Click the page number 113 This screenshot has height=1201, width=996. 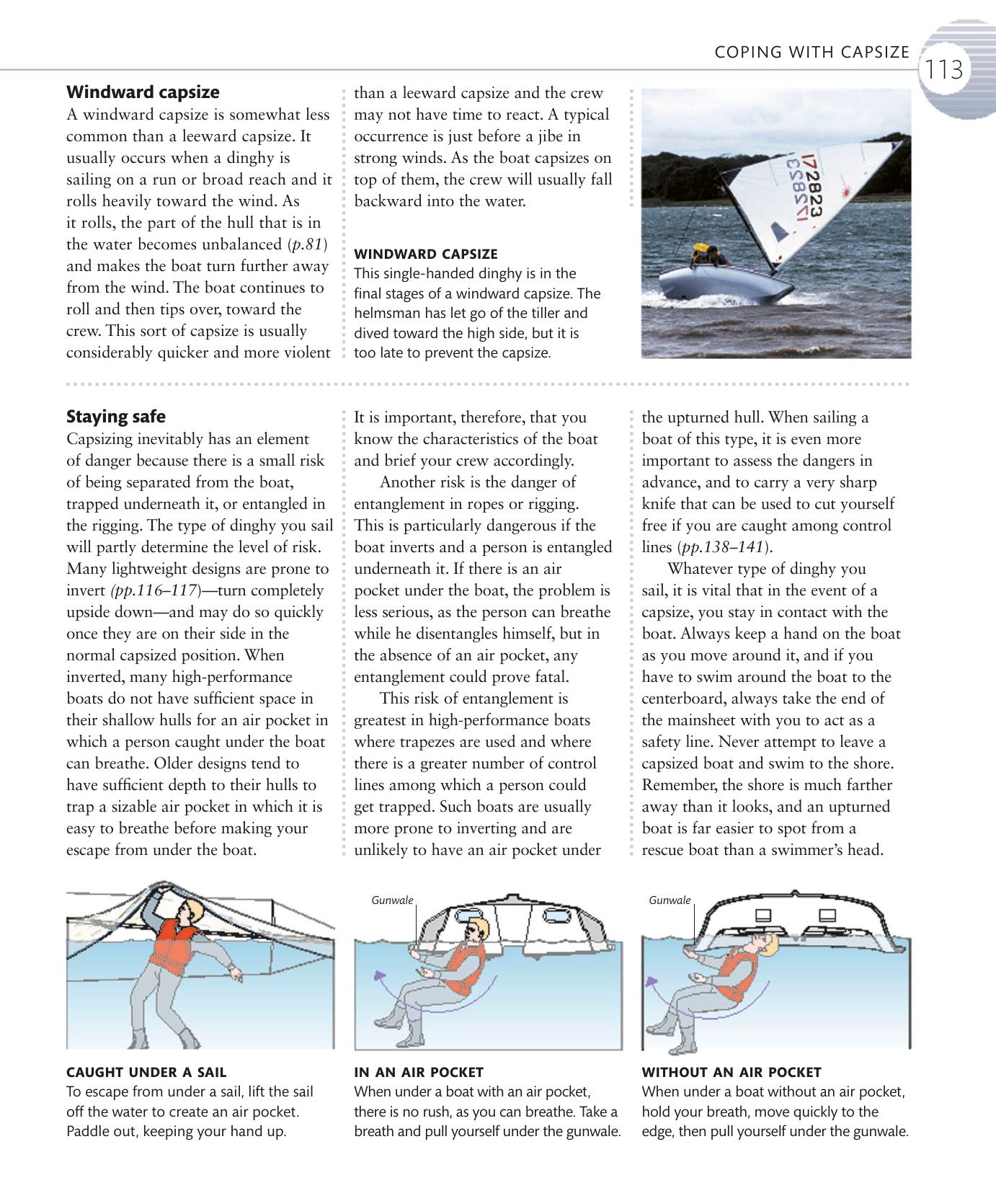pyautogui.click(x=944, y=70)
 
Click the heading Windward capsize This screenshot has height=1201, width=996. pyautogui.click(x=143, y=92)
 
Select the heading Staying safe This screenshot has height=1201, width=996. pyautogui.click(x=115, y=417)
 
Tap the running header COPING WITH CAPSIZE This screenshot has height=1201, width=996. pyautogui.click(x=812, y=52)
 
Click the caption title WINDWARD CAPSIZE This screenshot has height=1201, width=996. pyautogui.click(x=425, y=254)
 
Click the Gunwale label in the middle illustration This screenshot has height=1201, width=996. pyautogui.click(x=392, y=900)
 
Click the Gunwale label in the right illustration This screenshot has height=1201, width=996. pyautogui.click(x=670, y=900)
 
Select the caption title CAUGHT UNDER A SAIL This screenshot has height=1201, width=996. pyautogui.click(x=146, y=1072)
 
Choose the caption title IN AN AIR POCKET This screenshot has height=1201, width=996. pyautogui.click(x=419, y=1072)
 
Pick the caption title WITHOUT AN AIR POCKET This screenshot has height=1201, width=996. pyautogui.click(x=732, y=1072)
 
